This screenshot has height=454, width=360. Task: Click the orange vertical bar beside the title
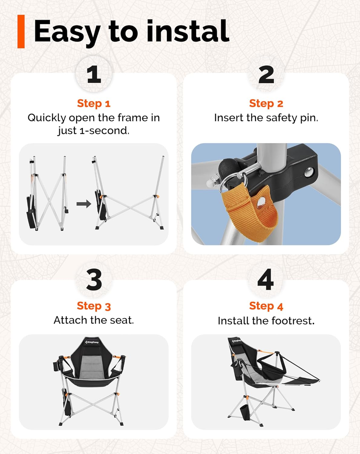pos(21,31)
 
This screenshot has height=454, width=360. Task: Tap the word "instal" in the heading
pos(188,31)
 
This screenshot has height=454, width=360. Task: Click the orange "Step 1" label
pos(94,104)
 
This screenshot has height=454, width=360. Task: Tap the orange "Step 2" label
pos(266,104)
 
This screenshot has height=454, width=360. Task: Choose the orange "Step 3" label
pos(94,306)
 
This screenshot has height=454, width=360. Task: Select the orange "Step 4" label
pos(266,306)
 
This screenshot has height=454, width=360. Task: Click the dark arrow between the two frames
pos(84,204)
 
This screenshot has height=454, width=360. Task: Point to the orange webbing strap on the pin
pos(250,211)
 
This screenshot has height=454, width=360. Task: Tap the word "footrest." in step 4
pos(293,321)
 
